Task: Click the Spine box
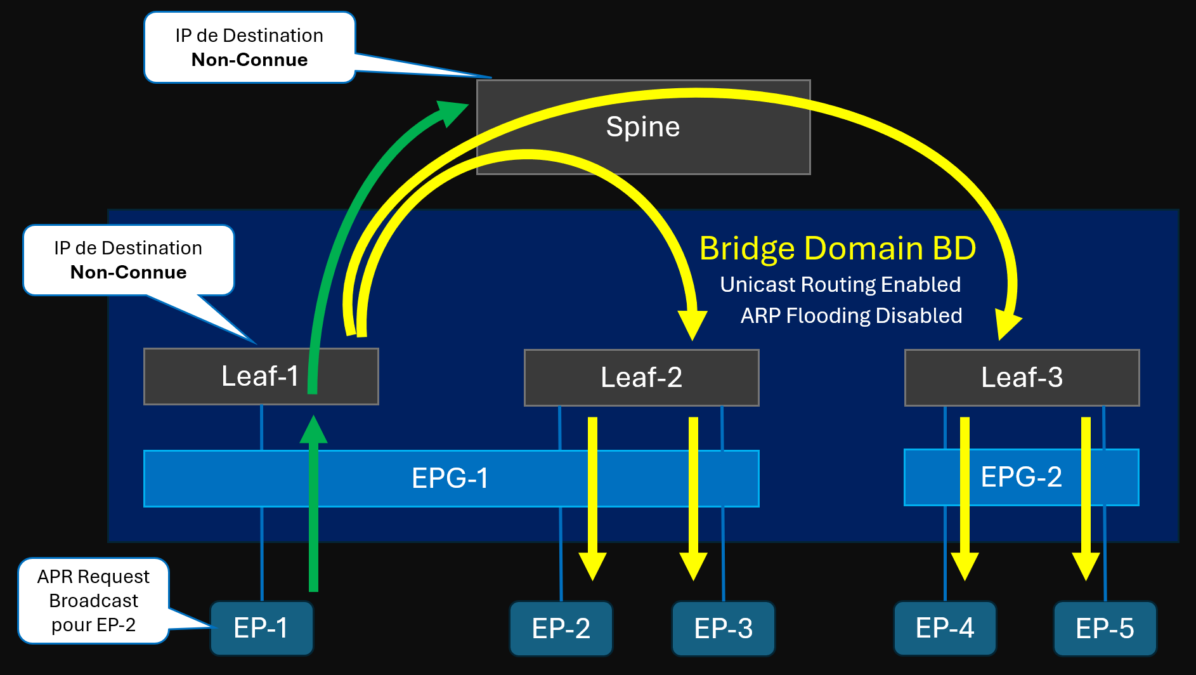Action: click(x=643, y=127)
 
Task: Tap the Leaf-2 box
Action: click(x=641, y=377)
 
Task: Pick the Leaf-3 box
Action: click(x=1022, y=377)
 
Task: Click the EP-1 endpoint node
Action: click(x=261, y=628)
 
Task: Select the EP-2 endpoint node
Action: click(x=561, y=629)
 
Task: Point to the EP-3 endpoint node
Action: click(x=723, y=629)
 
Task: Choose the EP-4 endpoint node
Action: click(x=944, y=628)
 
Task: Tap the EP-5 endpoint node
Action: click(x=1105, y=629)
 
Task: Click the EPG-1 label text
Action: click(x=450, y=478)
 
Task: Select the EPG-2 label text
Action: click(x=1021, y=477)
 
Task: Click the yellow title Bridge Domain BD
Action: click(x=837, y=248)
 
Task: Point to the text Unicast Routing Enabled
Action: click(x=840, y=284)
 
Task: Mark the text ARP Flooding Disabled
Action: click(x=851, y=315)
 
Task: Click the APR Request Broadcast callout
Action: click(x=93, y=600)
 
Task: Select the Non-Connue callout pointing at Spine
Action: click(x=249, y=48)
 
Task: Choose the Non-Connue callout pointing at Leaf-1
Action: click(x=128, y=260)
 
